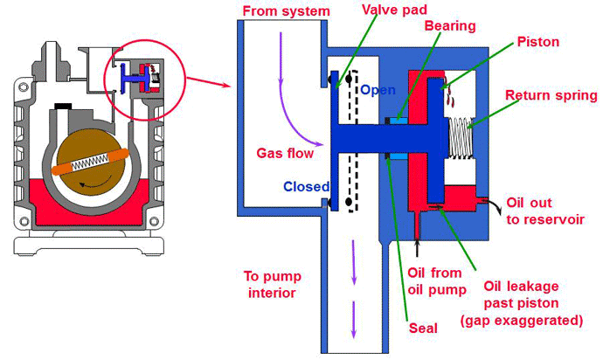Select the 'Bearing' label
(449, 26)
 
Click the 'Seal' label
(422, 329)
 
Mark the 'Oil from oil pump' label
(433, 280)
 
